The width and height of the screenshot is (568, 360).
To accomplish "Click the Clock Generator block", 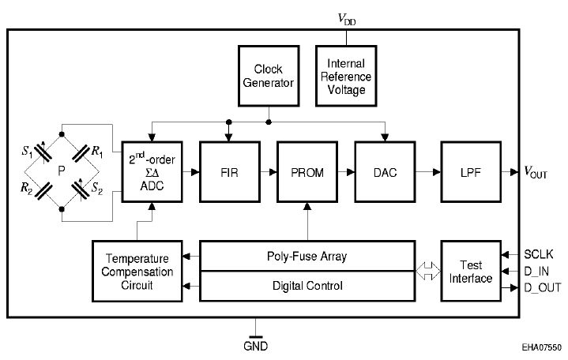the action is pos(269,76).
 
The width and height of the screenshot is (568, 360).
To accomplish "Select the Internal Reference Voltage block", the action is pos(346,76).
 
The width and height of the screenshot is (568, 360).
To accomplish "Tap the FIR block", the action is pos(230,171).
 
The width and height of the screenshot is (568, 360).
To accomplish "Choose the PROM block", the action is pos(307,171).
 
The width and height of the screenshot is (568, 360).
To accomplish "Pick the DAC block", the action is pos(385,171).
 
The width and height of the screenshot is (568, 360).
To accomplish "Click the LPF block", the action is pos(471,171).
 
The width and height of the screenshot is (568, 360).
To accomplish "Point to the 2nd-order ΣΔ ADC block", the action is pos(152,171).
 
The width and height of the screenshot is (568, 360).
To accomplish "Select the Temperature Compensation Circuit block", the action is pos(137,271).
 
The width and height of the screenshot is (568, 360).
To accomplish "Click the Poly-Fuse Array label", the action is pos(307,257).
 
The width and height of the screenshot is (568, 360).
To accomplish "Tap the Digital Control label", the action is pos(307,286).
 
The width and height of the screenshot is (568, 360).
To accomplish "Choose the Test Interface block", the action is pos(471,271).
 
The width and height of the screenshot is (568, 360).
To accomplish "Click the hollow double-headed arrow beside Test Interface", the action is pos(428,271).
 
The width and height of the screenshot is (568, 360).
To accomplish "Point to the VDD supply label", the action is pos(347,19).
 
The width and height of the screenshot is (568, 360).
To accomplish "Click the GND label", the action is pos(255,347).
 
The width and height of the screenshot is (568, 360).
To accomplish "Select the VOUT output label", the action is pos(536,172).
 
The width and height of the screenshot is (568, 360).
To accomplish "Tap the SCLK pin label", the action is pos(539,254).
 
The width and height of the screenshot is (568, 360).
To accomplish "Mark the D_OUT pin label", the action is pos(542,287).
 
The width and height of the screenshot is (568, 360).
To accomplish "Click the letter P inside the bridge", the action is pos(62,171).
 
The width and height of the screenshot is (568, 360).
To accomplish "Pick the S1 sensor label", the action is pos(27,151).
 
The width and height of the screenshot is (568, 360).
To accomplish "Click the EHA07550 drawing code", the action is pos(542,347).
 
